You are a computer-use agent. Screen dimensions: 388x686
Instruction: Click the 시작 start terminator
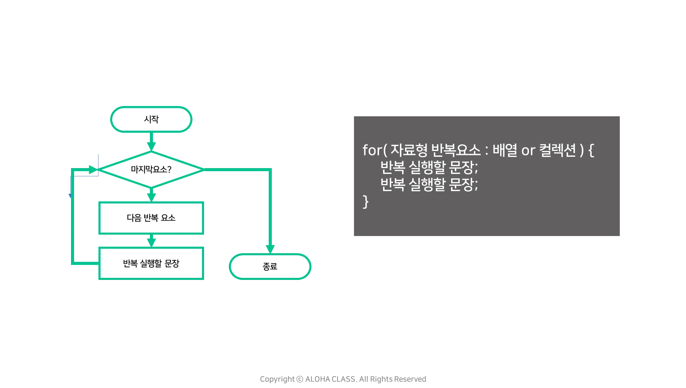pyautogui.click(x=151, y=119)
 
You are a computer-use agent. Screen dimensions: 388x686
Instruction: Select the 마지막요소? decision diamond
pyautogui.click(x=151, y=169)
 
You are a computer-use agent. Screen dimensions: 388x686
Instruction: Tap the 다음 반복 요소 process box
pyautogui.click(x=151, y=218)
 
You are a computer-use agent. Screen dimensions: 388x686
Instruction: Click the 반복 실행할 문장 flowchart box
pyautogui.click(x=151, y=263)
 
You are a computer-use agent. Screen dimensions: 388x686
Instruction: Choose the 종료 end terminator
pyautogui.click(x=270, y=266)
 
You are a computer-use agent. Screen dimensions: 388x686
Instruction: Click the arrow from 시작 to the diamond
pyautogui.click(x=151, y=142)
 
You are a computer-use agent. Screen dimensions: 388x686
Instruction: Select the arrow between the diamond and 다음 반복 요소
pyautogui.click(x=151, y=195)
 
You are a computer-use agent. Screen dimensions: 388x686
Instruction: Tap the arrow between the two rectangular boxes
pyautogui.click(x=151, y=240)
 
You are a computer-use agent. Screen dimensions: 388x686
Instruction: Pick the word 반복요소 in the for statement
pyautogui.click(x=456, y=150)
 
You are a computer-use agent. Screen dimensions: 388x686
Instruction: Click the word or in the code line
pyautogui.click(x=528, y=151)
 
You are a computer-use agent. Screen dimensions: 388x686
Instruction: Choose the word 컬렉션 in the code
pyautogui.click(x=558, y=150)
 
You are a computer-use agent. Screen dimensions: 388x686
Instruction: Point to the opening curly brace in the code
pyautogui.click(x=591, y=151)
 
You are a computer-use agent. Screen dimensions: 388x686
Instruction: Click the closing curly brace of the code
pyautogui.click(x=366, y=201)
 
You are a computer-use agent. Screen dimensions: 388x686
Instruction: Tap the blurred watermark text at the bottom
pyautogui.click(x=343, y=379)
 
